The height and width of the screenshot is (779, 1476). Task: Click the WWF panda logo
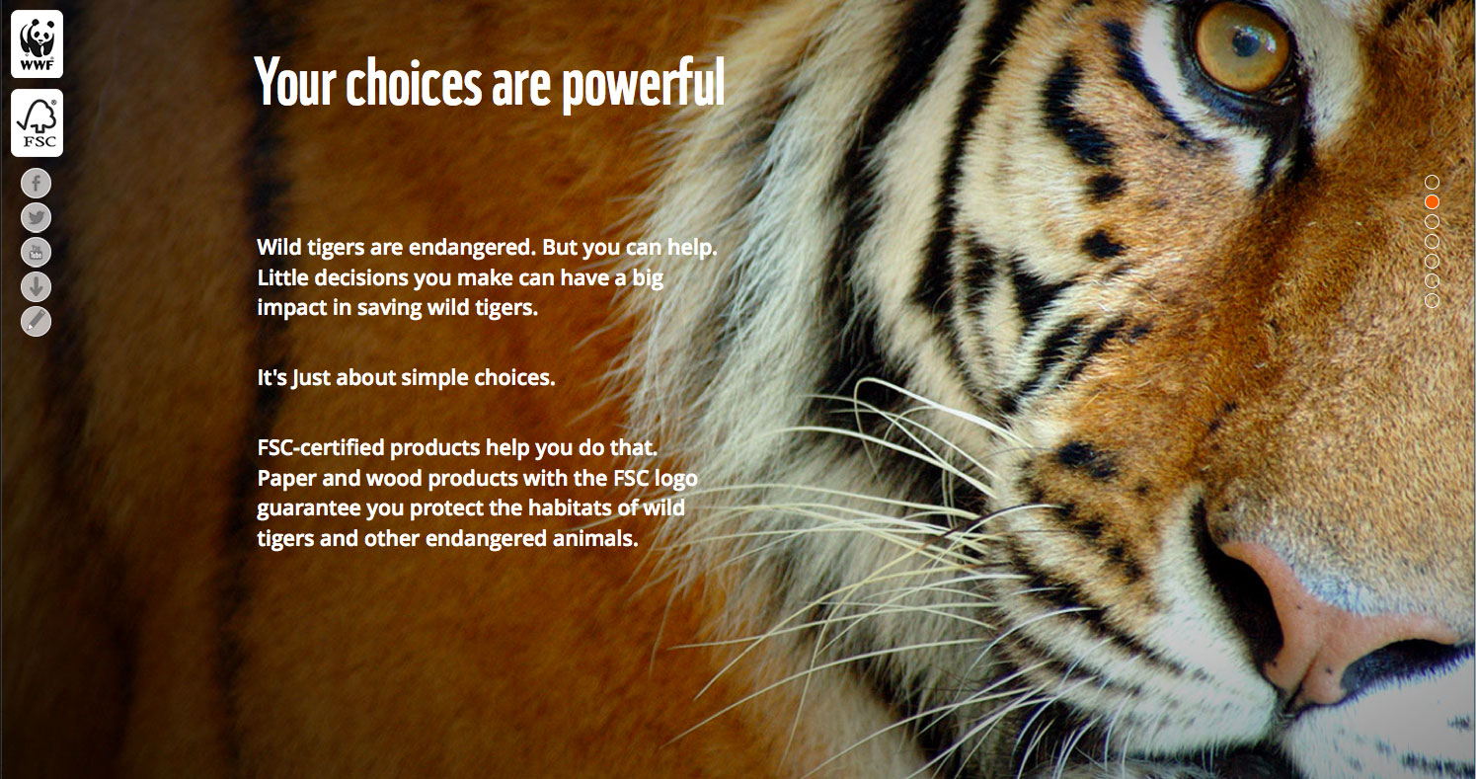37,44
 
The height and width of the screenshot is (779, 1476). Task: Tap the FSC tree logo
37,123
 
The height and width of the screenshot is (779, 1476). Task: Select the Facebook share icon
37,184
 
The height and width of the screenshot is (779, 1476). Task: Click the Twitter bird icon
37,217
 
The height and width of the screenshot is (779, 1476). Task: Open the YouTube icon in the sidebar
37,252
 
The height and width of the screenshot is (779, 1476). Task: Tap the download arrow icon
37,286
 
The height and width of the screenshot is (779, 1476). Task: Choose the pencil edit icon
37,321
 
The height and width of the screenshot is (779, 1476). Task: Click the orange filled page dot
1432,201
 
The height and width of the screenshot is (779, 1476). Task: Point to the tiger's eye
1242,46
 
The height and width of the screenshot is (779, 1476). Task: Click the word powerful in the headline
644,84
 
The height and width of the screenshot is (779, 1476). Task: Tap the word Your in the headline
295,82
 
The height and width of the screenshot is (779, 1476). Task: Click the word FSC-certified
321,447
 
